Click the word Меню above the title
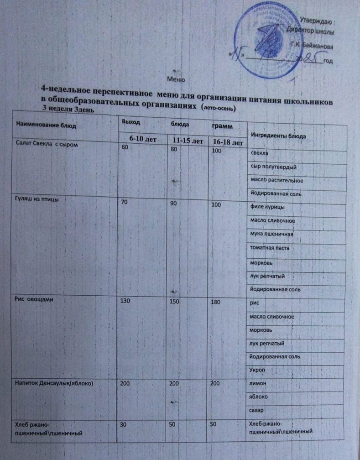pos(176,78)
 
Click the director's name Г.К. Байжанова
pos(312,47)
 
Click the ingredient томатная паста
pos(270,249)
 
